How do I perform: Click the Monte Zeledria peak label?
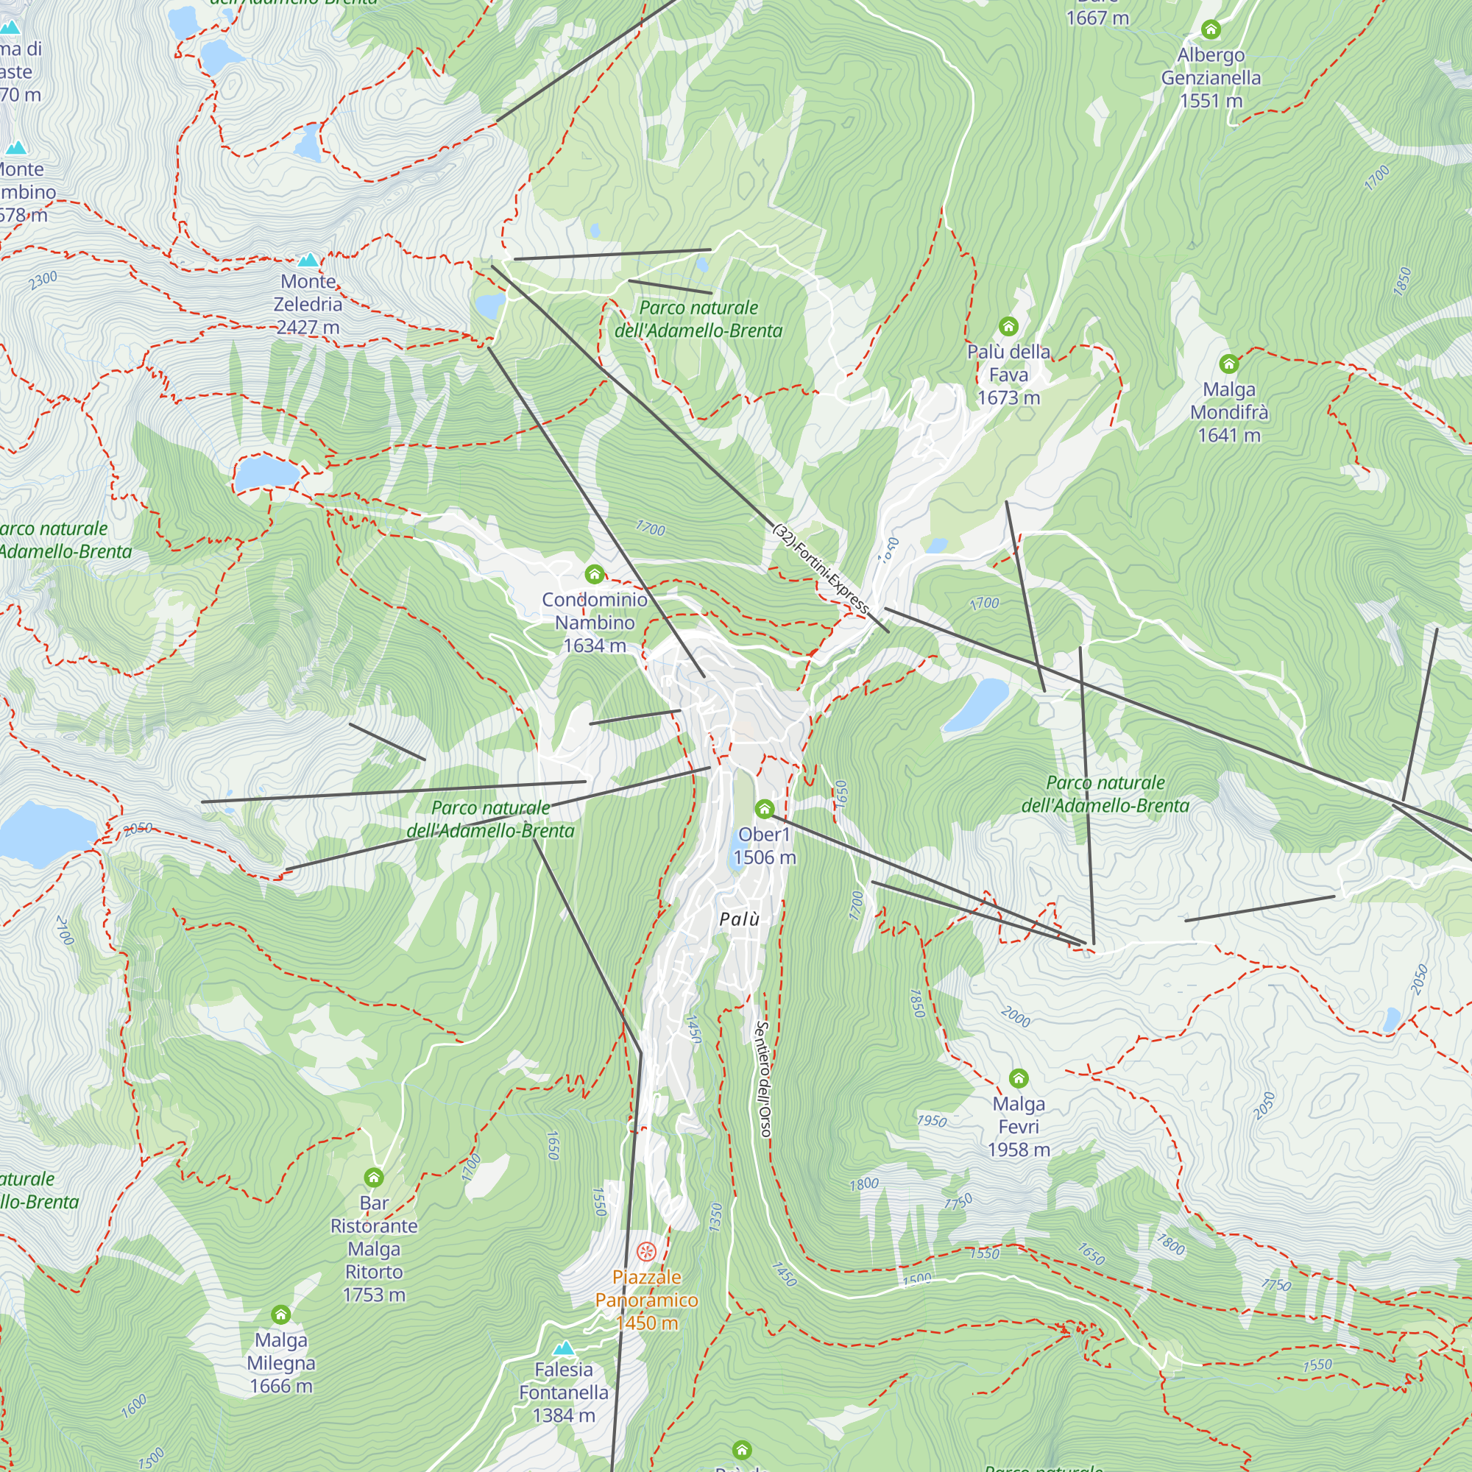[308, 304]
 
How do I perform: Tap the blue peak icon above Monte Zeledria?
[308, 261]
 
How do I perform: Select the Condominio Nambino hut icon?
[594, 574]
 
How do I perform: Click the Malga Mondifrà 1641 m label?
[1229, 412]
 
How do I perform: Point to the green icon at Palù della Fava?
[1008, 327]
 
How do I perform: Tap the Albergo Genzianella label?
[1211, 78]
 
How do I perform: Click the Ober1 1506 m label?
[764, 846]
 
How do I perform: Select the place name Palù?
[739, 919]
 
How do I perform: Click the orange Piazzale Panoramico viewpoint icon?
[646, 1251]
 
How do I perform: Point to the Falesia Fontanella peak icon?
[564, 1348]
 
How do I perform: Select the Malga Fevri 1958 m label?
[1019, 1126]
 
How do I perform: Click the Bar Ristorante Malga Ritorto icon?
[373, 1177]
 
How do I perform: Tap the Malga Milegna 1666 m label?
[281, 1362]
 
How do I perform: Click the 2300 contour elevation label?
[43, 280]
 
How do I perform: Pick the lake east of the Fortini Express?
[975, 704]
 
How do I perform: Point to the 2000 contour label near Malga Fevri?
[1015, 1016]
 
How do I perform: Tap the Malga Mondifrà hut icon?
[1228, 364]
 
